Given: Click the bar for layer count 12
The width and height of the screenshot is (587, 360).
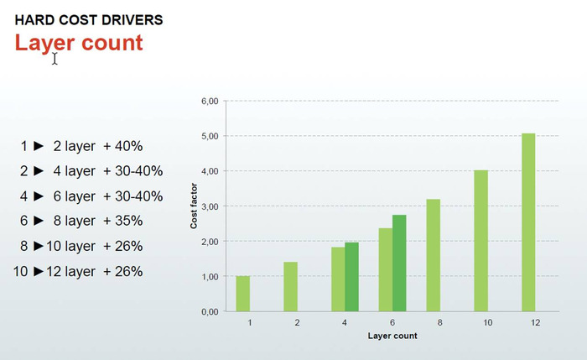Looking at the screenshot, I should (528, 222).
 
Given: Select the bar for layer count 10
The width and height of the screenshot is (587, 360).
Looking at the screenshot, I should (481, 241).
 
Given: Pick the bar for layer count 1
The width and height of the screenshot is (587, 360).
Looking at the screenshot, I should (242, 294).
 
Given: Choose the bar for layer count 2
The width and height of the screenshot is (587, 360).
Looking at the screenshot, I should (290, 286).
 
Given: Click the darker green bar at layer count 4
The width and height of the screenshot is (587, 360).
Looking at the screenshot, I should (351, 277).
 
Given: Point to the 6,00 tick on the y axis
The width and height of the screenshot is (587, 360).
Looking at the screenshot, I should (210, 101).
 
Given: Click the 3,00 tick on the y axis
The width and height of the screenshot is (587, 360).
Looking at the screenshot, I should (210, 206).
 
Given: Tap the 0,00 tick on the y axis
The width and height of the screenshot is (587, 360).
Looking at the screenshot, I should (210, 311).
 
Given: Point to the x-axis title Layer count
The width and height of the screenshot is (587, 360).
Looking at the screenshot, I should (392, 336).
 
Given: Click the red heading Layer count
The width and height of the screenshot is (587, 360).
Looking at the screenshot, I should (79, 42).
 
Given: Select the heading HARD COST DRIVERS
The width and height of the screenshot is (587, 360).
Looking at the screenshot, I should (77, 18).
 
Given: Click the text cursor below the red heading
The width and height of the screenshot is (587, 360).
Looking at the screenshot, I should (55, 59).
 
